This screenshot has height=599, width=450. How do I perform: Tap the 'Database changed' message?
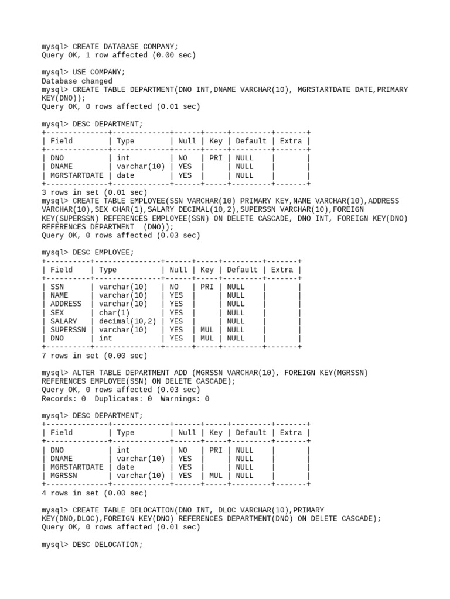pos(77,81)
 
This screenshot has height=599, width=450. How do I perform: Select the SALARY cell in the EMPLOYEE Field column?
pos(64,321)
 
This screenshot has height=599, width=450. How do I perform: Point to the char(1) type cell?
pos(114,313)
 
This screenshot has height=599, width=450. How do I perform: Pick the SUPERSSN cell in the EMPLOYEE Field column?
pos(68,330)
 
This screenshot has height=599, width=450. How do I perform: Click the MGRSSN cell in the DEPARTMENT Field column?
pos(64,476)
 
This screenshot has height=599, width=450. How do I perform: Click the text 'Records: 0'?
pos(63,399)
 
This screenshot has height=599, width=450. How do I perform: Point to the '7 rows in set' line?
pos(94,356)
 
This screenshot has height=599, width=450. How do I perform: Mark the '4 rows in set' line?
pos(94,493)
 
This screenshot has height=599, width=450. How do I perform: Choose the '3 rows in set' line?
pos(94,192)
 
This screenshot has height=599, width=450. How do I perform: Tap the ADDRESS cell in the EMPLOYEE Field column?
pos(66,304)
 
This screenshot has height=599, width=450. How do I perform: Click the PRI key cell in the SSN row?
pos(207,287)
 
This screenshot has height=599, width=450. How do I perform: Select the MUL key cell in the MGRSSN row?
pos(216,476)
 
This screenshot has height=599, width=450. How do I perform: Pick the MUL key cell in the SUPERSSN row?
pos(207,330)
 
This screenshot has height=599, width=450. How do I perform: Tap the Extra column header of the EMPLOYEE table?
pos(282,270)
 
